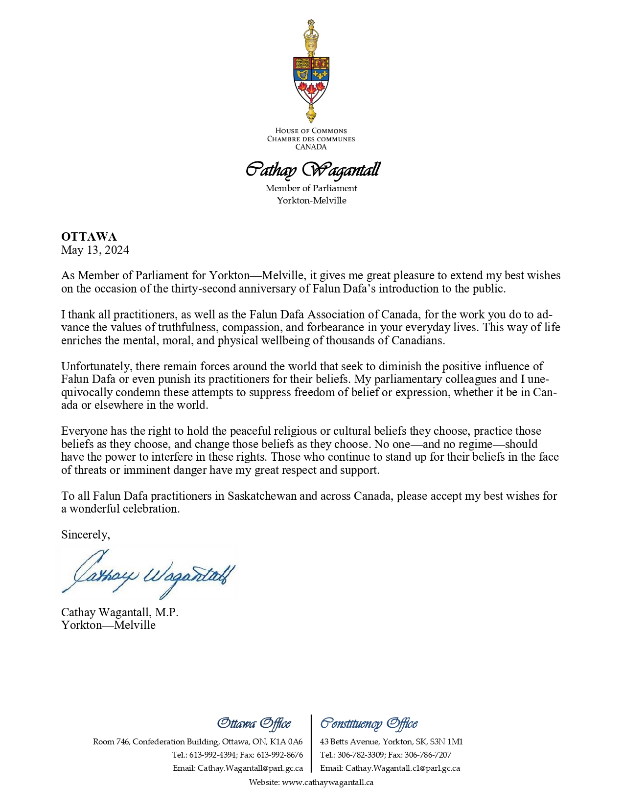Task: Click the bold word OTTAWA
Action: (x=89, y=237)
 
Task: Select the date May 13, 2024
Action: (x=95, y=250)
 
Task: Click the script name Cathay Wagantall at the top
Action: (x=312, y=170)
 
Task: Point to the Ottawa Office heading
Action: (x=254, y=723)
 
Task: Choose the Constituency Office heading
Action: (x=369, y=723)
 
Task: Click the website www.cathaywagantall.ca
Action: (x=327, y=782)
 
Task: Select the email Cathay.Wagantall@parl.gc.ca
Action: (x=250, y=768)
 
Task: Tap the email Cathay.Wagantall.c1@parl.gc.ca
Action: (x=402, y=768)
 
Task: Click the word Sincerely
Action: (x=85, y=535)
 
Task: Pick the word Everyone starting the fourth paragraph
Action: (x=84, y=431)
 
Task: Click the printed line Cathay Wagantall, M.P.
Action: (x=119, y=612)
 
